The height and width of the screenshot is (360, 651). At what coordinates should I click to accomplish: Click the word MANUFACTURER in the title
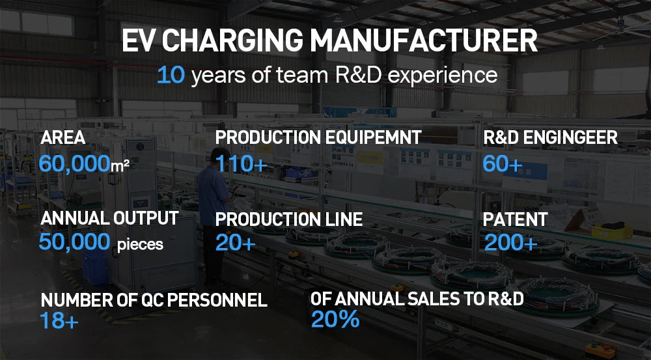point(423,41)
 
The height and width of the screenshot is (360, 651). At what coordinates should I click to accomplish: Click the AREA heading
point(63,138)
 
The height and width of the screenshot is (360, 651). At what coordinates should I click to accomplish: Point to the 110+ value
point(241,164)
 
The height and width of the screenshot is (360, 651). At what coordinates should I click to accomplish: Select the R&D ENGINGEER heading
point(550,138)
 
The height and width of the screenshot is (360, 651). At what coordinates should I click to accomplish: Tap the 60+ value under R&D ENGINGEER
point(502,164)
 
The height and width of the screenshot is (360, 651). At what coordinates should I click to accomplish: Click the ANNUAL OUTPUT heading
point(109,219)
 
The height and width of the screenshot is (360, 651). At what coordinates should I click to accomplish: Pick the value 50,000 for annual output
point(74,242)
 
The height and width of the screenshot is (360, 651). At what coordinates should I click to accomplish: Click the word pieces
point(139,245)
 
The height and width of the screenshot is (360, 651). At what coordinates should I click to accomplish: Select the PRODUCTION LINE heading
point(288,219)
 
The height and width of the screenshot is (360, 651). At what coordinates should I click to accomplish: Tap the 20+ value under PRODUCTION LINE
point(235,243)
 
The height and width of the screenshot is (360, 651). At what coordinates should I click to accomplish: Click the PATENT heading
point(515,219)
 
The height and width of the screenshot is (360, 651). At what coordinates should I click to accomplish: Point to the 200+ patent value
point(510,243)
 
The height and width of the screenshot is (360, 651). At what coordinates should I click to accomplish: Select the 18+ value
point(59,320)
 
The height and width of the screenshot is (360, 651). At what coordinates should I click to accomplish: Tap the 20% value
point(335,319)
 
